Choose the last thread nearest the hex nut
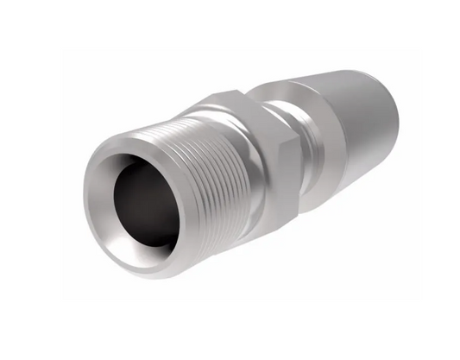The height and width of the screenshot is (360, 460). (x=246, y=173)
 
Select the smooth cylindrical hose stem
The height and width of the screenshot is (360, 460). (x=362, y=129)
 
